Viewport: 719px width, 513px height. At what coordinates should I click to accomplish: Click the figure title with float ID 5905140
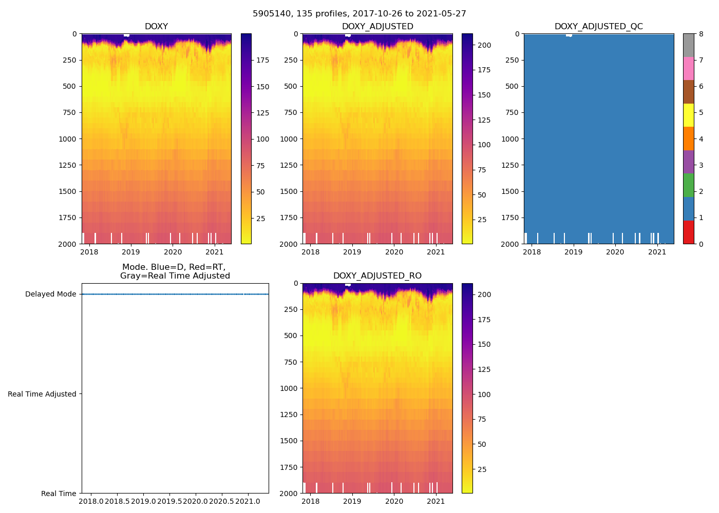[359, 14]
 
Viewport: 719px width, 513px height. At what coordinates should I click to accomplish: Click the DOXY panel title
[156, 27]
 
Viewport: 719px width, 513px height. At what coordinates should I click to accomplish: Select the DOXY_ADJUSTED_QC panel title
[598, 27]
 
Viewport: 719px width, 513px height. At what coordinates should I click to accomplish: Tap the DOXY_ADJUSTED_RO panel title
[377, 276]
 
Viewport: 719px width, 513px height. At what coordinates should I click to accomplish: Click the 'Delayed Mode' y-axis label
[50, 294]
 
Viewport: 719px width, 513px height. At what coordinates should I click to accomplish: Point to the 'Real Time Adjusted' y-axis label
[42, 394]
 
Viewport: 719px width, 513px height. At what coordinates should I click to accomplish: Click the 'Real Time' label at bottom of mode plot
[59, 494]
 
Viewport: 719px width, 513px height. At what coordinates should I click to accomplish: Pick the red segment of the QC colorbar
[688, 232]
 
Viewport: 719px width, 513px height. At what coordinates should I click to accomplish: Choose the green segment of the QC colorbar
[688, 185]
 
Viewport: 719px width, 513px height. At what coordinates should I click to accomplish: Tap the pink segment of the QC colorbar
[688, 68]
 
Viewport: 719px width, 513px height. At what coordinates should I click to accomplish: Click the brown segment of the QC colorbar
[688, 92]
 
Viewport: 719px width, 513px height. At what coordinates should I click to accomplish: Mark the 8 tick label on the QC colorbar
[701, 34]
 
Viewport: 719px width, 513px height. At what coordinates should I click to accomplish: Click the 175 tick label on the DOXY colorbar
[263, 60]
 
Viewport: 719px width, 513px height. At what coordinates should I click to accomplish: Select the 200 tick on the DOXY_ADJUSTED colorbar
[484, 45]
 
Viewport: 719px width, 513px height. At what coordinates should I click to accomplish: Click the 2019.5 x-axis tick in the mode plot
[169, 501]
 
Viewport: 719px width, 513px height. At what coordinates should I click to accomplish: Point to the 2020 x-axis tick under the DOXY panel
[173, 252]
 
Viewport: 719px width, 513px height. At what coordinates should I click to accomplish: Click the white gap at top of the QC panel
[569, 35]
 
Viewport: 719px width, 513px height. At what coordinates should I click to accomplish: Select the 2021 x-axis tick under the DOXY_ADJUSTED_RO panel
[436, 501]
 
